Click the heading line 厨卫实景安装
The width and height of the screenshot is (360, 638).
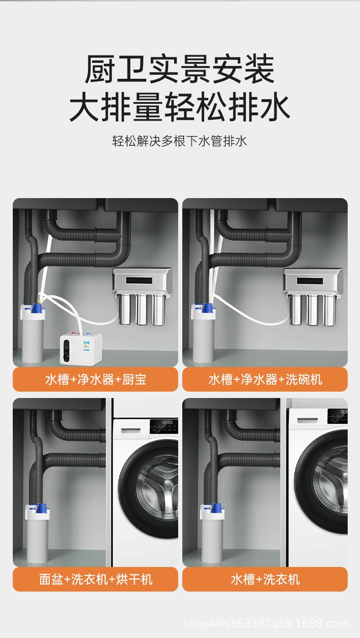(x=180, y=69)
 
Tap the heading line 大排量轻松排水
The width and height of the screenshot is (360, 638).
(x=180, y=107)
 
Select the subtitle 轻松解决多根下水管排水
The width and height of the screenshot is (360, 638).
(x=180, y=141)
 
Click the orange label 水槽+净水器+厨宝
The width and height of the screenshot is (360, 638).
(x=96, y=379)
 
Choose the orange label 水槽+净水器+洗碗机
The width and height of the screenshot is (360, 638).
(x=265, y=379)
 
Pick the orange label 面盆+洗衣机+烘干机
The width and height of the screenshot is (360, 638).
(x=96, y=579)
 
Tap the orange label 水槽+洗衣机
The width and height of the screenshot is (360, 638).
(x=265, y=579)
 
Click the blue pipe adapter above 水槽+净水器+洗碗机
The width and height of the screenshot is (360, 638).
(x=208, y=307)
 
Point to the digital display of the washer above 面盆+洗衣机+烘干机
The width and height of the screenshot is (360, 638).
(x=167, y=423)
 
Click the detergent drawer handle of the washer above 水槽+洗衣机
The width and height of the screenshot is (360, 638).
(x=307, y=420)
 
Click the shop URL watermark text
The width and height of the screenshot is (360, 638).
(x=266, y=624)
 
